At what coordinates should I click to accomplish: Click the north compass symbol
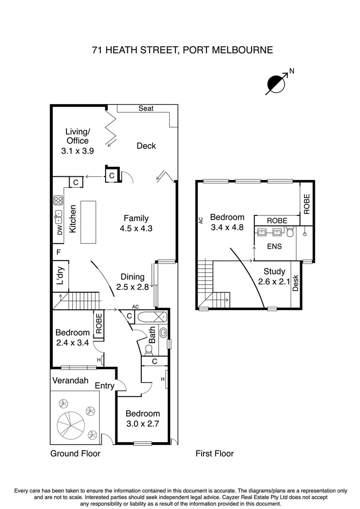(277, 83)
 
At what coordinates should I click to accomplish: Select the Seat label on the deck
(146, 108)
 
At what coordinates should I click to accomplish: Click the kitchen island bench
(88, 222)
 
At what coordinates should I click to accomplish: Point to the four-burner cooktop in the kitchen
(59, 201)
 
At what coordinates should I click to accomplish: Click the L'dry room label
(60, 276)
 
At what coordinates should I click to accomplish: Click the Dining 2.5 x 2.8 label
(132, 282)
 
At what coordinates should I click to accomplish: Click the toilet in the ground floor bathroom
(149, 349)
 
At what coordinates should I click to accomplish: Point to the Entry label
(105, 386)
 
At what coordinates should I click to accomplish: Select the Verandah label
(70, 380)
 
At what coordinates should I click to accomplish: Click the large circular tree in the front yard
(69, 423)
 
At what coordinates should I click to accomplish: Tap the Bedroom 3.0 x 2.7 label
(142, 418)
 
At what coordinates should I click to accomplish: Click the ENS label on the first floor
(274, 246)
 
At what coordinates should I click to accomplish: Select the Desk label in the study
(295, 283)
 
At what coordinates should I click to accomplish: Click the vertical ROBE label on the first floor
(307, 204)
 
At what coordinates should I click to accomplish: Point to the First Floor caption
(214, 453)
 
